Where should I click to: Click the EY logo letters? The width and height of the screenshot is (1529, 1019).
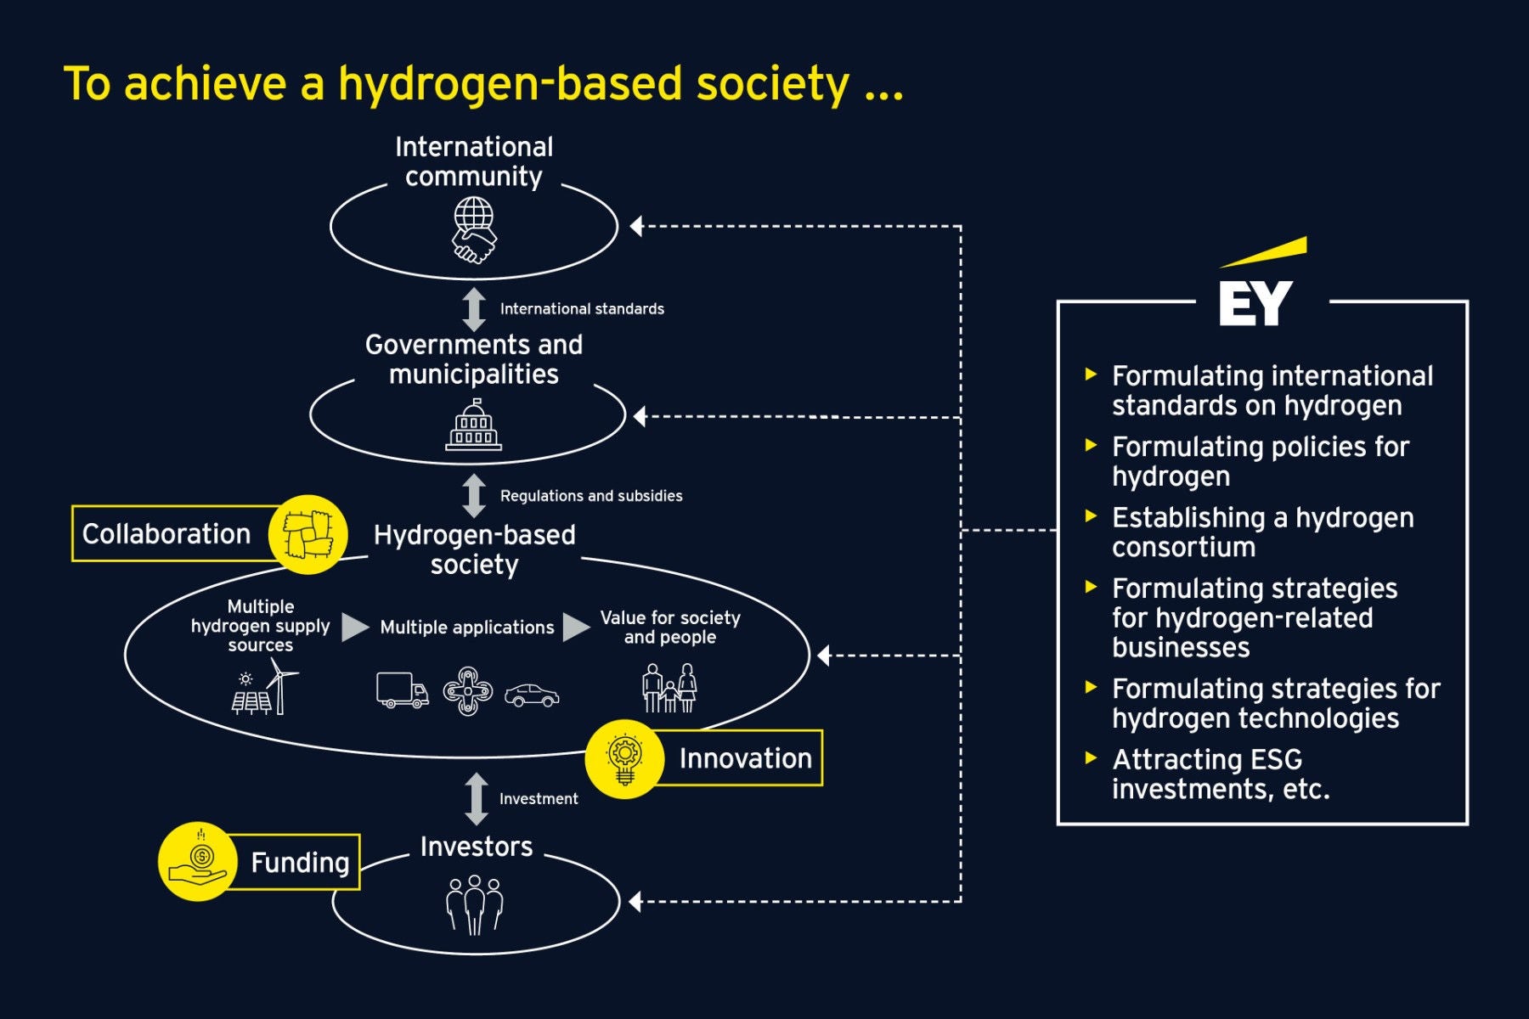coord(1255,303)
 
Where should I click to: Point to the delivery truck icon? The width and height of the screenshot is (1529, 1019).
coord(402,690)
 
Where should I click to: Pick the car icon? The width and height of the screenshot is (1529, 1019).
coord(532,695)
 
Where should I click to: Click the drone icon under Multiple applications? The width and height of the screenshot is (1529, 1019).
coord(467,691)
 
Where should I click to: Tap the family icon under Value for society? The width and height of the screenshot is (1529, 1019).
coord(670,688)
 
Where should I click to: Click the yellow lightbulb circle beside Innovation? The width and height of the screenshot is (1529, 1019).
coord(625,758)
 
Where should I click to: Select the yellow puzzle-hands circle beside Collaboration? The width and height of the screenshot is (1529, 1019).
coord(307,534)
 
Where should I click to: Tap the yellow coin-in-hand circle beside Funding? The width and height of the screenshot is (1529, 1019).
coord(198,861)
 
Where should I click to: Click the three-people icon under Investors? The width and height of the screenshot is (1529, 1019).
coord(475,905)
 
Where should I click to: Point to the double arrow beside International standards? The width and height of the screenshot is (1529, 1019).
coord(474,309)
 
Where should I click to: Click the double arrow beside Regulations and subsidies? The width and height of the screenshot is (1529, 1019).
coord(474,496)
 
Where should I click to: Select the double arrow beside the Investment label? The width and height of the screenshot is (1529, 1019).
coord(477,799)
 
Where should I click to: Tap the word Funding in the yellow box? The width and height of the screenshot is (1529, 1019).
coord(300,863)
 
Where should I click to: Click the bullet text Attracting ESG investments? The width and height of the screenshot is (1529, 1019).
coord(1221,774)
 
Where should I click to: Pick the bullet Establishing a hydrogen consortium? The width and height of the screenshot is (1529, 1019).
coord(1262,532)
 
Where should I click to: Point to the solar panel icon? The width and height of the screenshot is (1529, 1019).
coord(251,698)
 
